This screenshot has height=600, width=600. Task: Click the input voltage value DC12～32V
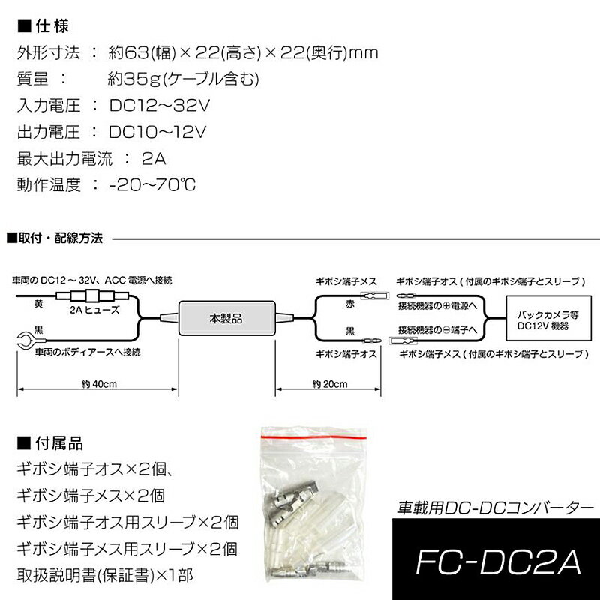tap(159, 105)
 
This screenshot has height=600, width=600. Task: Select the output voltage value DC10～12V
tap(157, 132)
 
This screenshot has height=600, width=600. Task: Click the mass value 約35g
tap(126, 79)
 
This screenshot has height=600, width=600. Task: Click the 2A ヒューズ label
tap(94, 308)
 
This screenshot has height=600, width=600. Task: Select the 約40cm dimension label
tap(96, 383)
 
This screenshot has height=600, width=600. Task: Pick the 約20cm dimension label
tap(330, 383)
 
